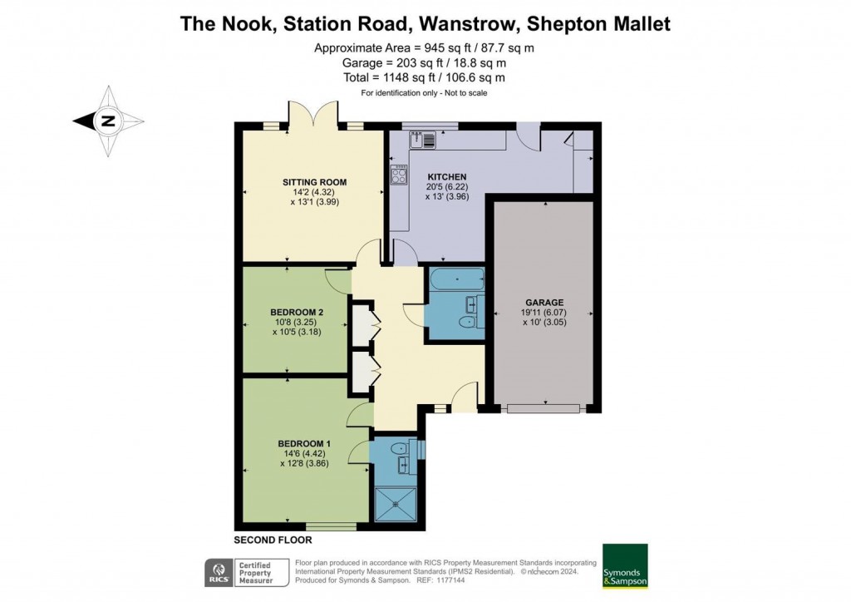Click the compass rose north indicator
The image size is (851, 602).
click(x=107, y=121)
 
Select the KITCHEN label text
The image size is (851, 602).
click(x=447, y=177)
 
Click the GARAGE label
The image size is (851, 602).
click(x=544, y=302)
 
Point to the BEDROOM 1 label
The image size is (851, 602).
click(x=304, y=443)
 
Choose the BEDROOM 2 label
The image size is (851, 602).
click(x=297, y=312)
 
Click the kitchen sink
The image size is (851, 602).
click(x=423, y=140)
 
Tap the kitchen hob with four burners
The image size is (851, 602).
click(x=400, y=175)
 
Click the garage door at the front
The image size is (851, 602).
click(x=544, y=408)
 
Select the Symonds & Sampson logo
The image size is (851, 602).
click(x=625, y=565)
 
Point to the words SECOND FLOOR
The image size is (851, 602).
click(x=272, y=540)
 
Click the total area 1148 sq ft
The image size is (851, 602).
click(x=423, y=77)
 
